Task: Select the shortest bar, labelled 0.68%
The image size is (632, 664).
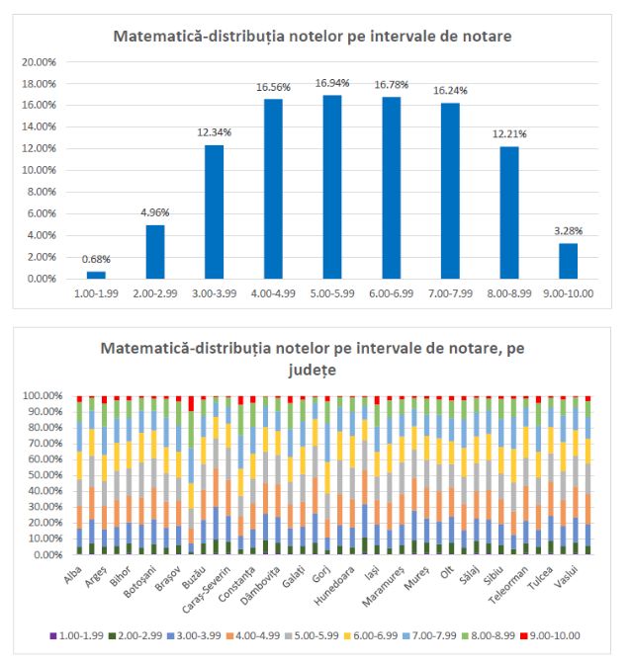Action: [95, 275]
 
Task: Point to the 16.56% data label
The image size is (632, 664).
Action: [275, 87]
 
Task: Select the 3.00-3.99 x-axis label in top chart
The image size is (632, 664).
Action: [215, 294]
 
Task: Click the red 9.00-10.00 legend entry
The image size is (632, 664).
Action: [551, 635]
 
